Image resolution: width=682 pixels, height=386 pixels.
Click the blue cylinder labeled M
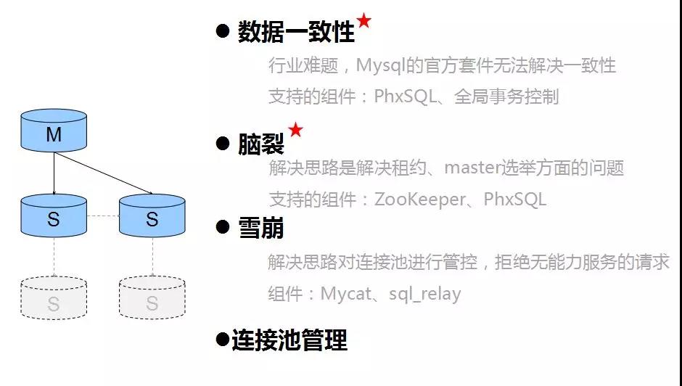[x=54, y=130]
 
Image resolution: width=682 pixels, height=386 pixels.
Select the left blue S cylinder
[x=54, y=215]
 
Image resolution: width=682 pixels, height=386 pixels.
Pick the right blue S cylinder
[x=152, y=215]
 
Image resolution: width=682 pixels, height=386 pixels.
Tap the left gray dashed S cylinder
[x=54, y=298]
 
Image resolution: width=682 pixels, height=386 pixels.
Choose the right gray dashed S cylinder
[x=152, y=298]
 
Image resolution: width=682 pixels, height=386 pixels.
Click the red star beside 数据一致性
[x=363, y=20]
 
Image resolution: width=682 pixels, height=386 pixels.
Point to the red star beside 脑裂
[x=295, y=129]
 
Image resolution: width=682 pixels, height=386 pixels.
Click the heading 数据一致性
[x=296, y=32]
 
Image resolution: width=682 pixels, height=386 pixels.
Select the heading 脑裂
[x=260, y=144]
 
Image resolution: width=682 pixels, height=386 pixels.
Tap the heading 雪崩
[x=260, y=228]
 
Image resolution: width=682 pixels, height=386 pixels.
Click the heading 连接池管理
[x=289, y=340]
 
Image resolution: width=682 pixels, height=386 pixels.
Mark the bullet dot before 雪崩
[x=223, y=227]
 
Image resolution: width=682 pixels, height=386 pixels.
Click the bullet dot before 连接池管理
[x=222, y=339]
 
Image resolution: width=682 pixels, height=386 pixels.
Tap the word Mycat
[x=346, y=294]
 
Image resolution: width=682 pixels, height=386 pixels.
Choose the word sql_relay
[x=424, y=295]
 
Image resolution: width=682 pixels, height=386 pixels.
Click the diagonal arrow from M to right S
[x=103, y=173]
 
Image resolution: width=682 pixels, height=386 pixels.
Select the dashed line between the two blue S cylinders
[x=103, y=215]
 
